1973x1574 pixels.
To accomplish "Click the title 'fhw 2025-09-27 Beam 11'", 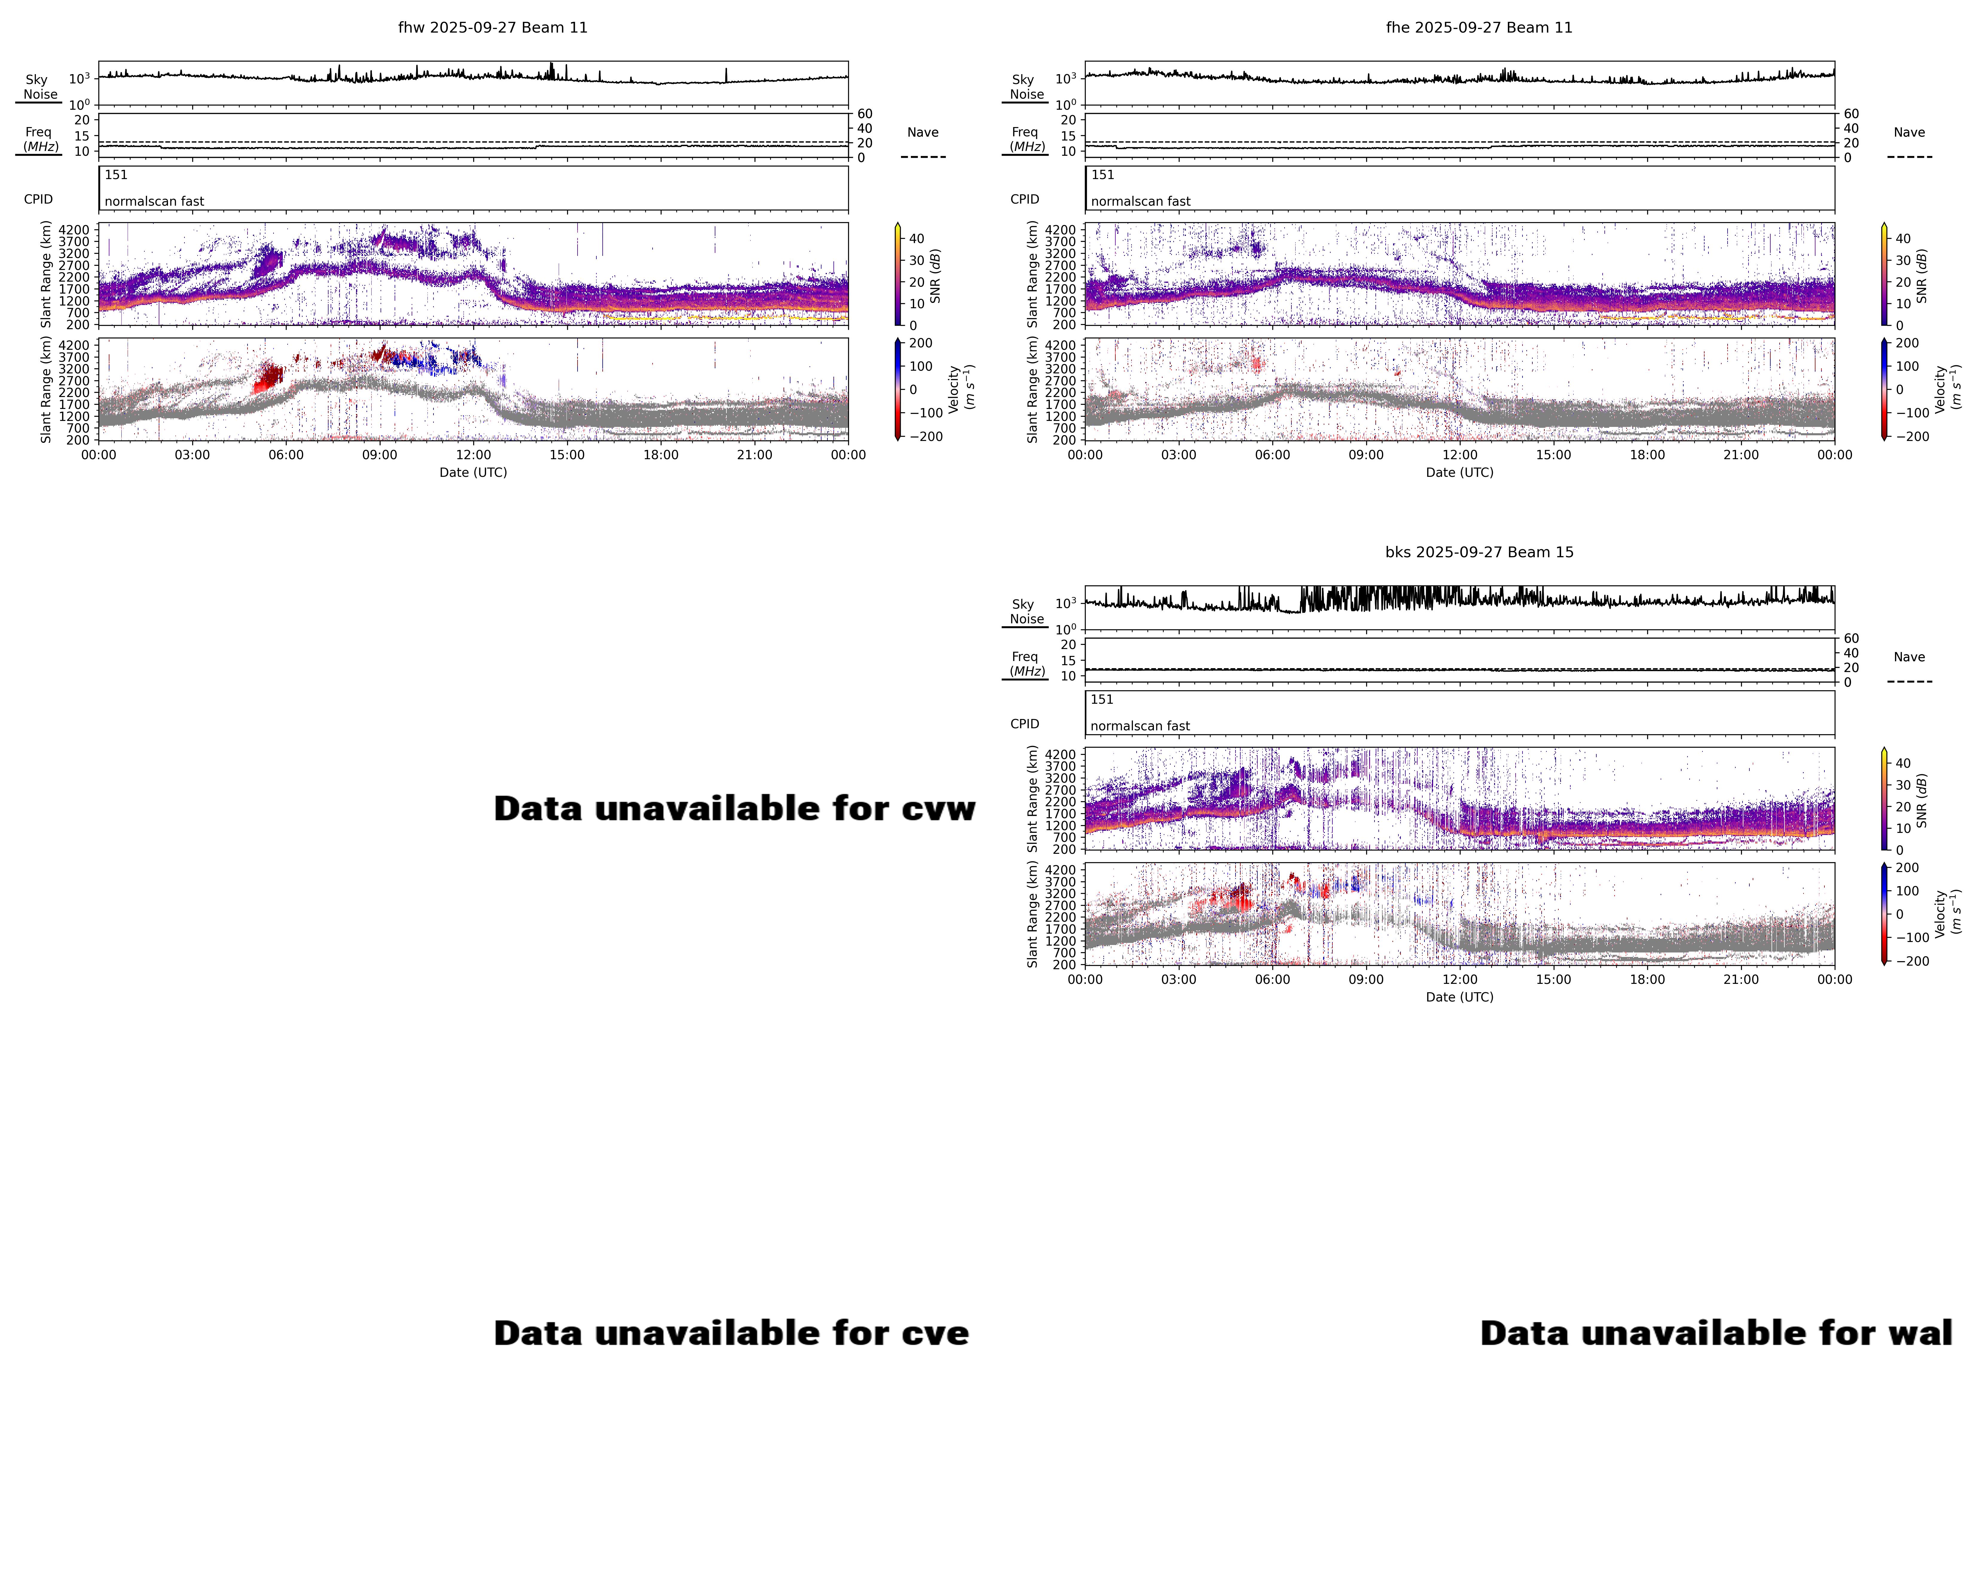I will click(x=492, y=28).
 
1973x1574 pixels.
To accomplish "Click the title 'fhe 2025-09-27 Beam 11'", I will click(x=1479, y=28).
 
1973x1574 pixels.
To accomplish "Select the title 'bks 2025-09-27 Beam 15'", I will click(x=1479, y=552).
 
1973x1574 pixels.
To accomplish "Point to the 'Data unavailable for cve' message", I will click(x=731, y=1333).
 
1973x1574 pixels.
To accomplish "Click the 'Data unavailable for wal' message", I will click(x=1716, y=1333).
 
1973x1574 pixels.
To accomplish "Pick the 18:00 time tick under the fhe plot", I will click(x=1647, y=455).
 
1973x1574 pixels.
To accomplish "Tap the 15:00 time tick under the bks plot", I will click(x=1553, y=979).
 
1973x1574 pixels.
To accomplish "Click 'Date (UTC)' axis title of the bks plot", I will click(x=1459, y=996).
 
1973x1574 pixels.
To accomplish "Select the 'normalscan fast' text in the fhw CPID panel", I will click(x=154, y=201).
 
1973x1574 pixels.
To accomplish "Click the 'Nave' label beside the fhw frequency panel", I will click(x=923, y=133).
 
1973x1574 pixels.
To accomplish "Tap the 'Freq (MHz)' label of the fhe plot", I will click(x=1026, y=139).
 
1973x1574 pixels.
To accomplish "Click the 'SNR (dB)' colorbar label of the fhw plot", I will click(x=935, y=276).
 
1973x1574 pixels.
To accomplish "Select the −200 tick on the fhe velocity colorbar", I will click(x=1911, y=436).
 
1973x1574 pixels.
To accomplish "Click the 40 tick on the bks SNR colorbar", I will click(x=1902, y=763).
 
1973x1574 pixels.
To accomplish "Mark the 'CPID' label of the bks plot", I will click(x=1024, y=724).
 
